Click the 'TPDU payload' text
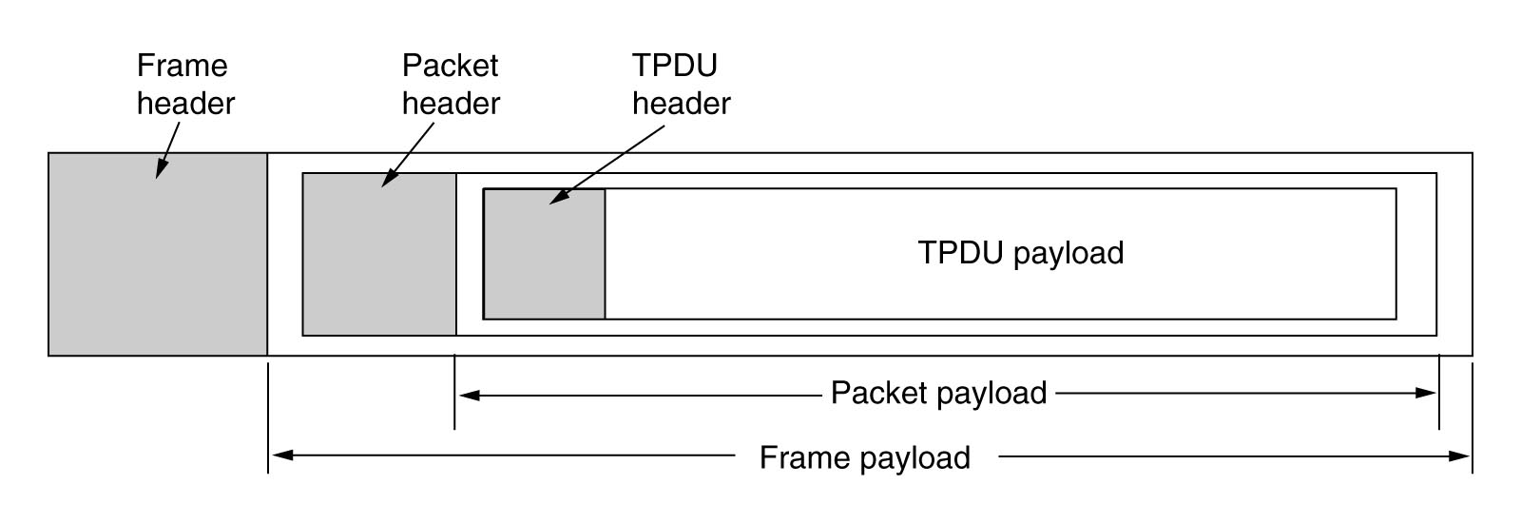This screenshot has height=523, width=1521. pyautogui.click(x=1021, y=253)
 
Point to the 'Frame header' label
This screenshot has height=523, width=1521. pyautogui.click(x=184, y=84)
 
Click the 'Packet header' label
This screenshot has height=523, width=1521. pyautogui.click(x=451, y=84)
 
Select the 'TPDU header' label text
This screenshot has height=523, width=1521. pyautogui.click(x=681, y=84)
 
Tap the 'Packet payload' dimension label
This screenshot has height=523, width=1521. pyautogui.click(x=938, y=393)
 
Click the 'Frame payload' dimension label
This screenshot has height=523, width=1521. pyautogui.click(x=864, y=457)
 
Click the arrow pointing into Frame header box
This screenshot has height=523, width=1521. pyautogui.click(x=167, y=151)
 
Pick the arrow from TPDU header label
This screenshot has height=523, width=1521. pyautogui.click(x=608, y=163)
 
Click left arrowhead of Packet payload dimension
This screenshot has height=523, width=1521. pyautogui.click(x=468, y=394)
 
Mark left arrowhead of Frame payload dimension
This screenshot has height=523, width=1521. pyautogui.click(x=281, y=456)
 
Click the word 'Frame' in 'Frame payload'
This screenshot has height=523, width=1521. pyautogui.click(x=802, y=457)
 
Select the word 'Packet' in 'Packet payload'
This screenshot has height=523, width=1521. pyautogui.click(x=876, y=393)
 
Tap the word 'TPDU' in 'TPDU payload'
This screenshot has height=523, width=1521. pyautogui.click(x=960, y=253)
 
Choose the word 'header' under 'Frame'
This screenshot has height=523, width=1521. pyautogui.click(x=185, y=103)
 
